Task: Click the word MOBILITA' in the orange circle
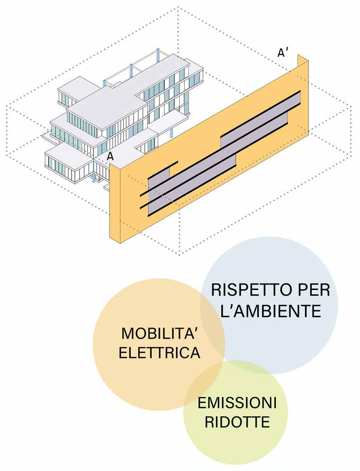159,333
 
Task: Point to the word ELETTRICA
159,353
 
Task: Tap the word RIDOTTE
237,422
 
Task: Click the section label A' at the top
283,53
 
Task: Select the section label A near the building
110,156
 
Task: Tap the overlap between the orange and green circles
205,387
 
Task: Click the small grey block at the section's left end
159,175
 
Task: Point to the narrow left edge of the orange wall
115,202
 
